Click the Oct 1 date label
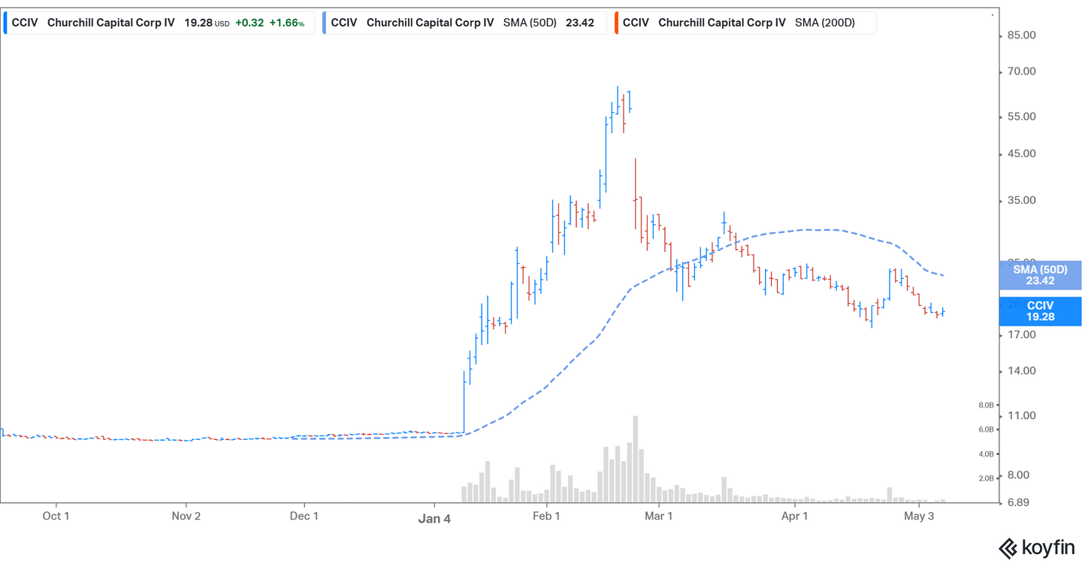coord(56,516)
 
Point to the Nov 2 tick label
coord(186,516)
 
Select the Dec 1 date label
coord(304,516)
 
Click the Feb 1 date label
coord(546,516)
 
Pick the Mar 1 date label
coord(658,516)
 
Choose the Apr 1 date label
coord(794,516)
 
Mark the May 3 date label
coord(919,516)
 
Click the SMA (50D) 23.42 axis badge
coord(1040,275)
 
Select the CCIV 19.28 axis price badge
coord(1040,311)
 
